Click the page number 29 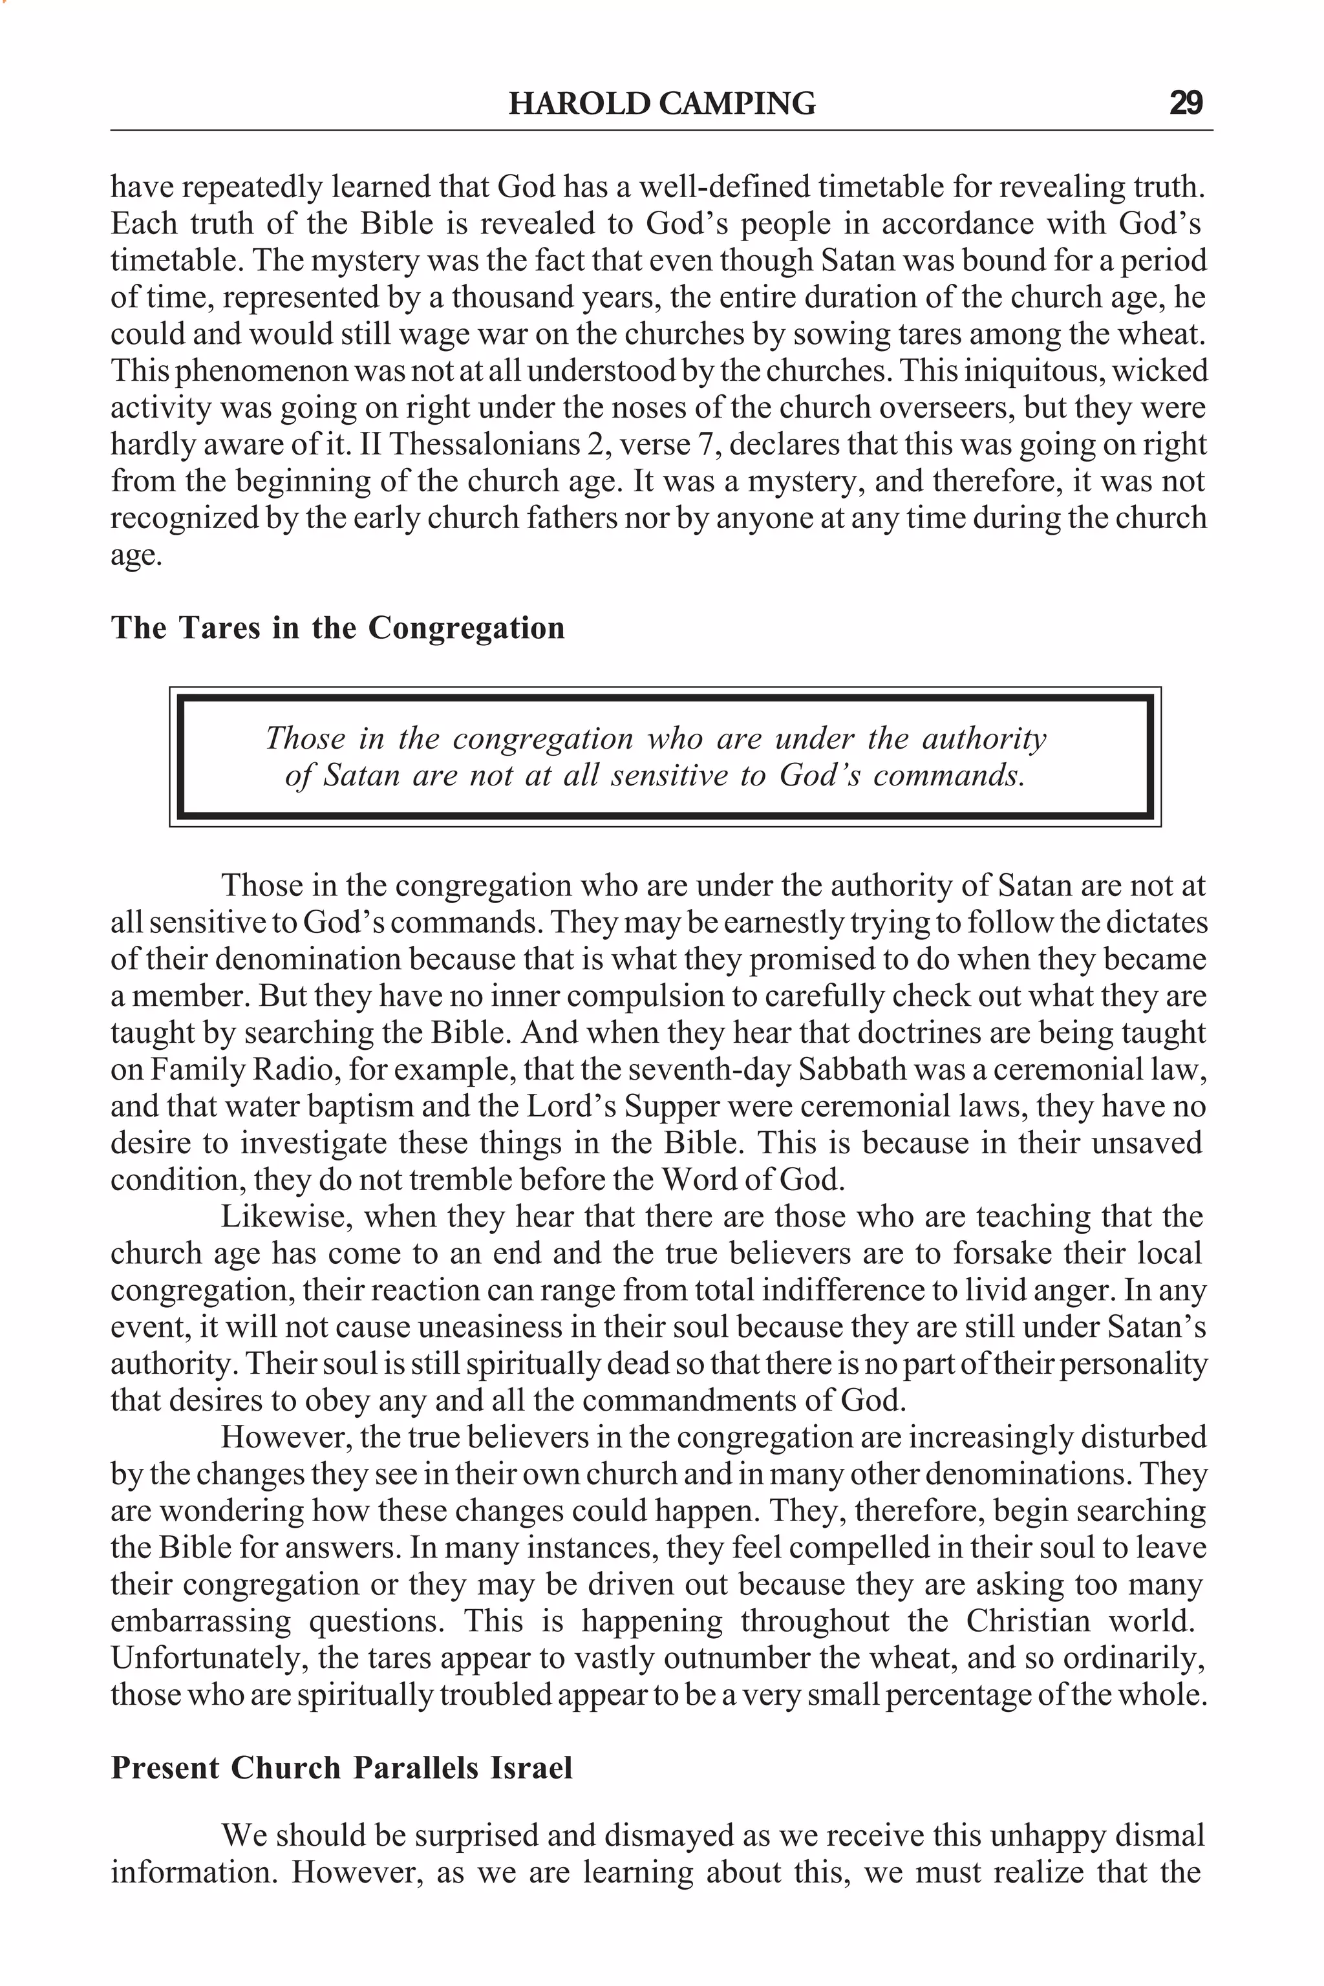coord(1186,103)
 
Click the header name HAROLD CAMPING coord(662,103)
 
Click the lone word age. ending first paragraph coord(135,555)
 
